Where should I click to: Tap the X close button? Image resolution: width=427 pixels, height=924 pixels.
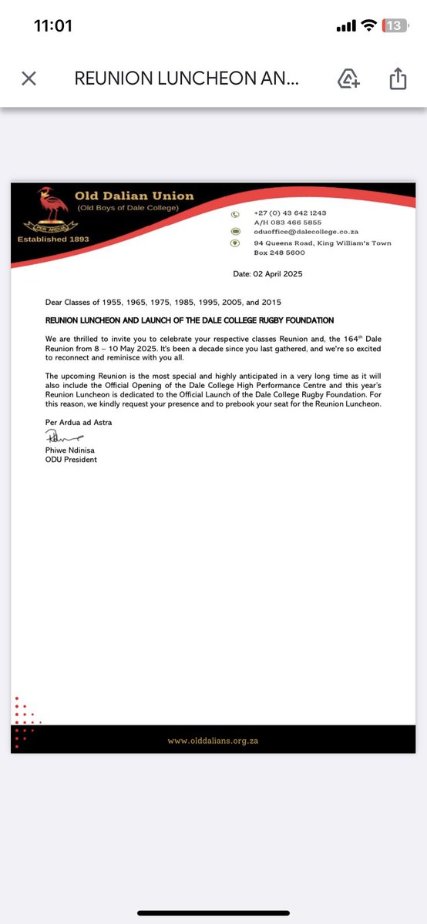click(x=29, y=79)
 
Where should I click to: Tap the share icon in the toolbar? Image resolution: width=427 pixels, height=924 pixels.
click(x=398, y=79)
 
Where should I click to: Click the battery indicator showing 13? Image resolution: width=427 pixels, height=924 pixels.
click(x=395, y=26)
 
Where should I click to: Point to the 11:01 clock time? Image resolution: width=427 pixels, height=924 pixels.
click(x=53, y=26)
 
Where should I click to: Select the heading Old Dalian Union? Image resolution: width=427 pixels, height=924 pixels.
click(x=134, y=196)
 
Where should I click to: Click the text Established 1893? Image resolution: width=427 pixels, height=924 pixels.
click(x=53, y=239)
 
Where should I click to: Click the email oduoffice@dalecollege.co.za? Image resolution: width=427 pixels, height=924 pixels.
click(x=306, y=231)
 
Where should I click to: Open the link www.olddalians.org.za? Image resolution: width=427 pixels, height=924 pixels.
click(x=212, y=740)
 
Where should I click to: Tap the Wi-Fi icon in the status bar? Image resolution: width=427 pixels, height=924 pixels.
click(x=370, y=26)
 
